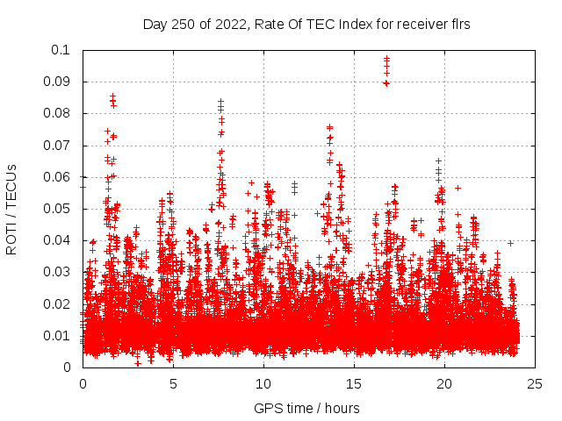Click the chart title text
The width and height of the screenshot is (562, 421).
[306, 25]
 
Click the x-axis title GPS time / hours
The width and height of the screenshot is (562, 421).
[306, 408]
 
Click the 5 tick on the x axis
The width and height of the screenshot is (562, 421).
[173, 383]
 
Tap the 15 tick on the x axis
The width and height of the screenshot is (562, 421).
[354, 383]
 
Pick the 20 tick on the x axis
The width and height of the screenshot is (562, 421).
[444, 383]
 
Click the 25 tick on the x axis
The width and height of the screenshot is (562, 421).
[535, 383]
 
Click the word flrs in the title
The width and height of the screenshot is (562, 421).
[458, 25]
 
